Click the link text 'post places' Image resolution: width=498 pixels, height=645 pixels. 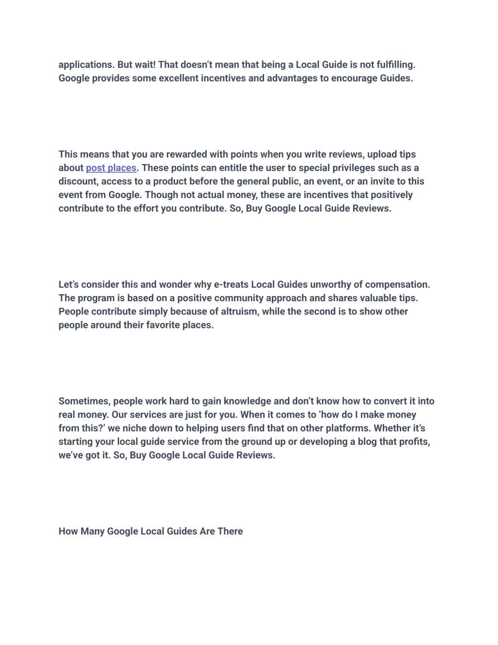(x=111, y=168)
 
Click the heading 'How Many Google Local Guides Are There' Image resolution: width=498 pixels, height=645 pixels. (x=150, y=531)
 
